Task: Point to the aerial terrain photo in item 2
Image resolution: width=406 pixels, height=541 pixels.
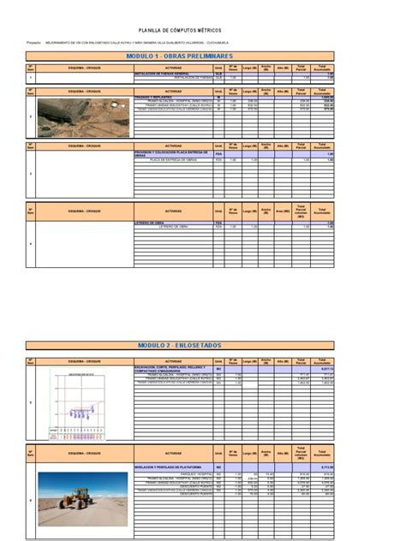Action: pos(83,117)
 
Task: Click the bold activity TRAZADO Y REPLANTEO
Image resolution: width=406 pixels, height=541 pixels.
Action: pos(154,97)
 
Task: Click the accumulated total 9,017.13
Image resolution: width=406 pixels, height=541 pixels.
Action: pos(323,369)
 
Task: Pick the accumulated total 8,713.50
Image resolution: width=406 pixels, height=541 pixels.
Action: pos(323,467)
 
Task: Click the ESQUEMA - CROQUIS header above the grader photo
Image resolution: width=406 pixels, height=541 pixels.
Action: pos(83,453)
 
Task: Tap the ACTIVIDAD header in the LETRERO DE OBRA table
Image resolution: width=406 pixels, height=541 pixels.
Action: pos(173,211)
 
